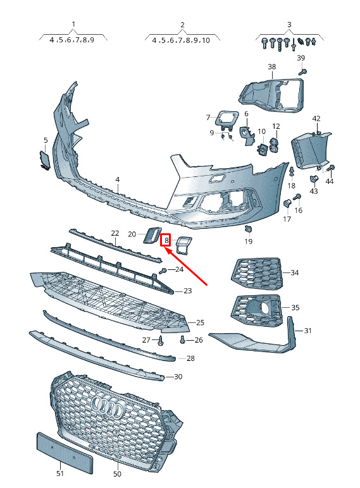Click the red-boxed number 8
(x=166, y=240)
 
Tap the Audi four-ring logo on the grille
(x=109, y=406)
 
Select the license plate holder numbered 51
(x=65, y=451)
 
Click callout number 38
(x=272, y=66)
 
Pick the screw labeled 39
(x=302, y=72)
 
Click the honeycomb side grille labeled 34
(x=257, y=274)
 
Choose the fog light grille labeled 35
(x=257, y=310)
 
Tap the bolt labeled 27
(x=161, y=341)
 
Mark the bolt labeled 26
(x=183, y=339)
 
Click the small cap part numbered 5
(x=44, y=160)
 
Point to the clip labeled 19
(x=248, y=229)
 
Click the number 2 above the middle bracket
(x=182, y=25)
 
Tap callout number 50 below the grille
(x=117, y=473)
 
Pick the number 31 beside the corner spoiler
(x=307, y=330)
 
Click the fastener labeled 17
(x=287, y=204)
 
